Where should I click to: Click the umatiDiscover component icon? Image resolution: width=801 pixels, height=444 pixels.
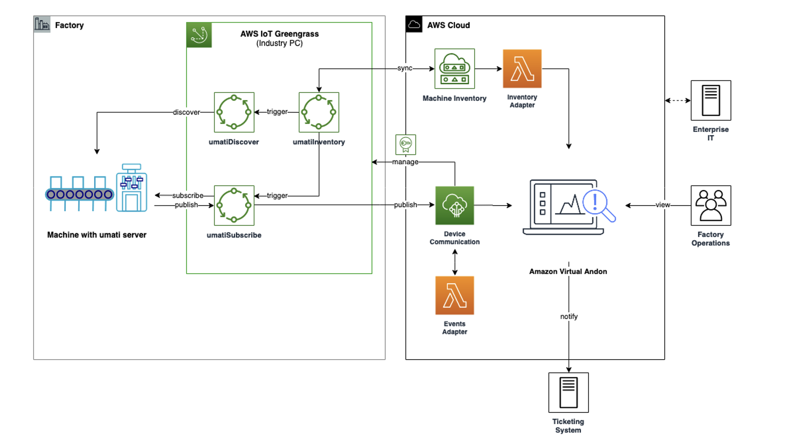[x=234, y=112]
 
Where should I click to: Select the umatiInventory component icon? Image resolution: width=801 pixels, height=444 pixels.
[x=319, y=112]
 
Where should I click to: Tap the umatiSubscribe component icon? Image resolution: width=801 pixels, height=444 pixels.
[x=234, y=205]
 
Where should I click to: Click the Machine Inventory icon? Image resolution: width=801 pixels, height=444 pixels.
[x=454, y=69]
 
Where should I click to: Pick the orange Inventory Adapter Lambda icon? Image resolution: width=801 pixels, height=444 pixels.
[x=522, y=69]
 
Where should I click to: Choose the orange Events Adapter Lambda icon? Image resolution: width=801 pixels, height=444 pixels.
[x=454, y=295]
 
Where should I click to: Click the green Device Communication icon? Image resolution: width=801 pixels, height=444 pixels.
[x=454, y=205]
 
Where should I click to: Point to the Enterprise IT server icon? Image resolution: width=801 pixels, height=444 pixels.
[x=710, y=101]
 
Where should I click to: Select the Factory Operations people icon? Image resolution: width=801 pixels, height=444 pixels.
[x=710, y=205]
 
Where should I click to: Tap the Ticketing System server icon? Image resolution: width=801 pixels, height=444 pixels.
[x=568, y=392]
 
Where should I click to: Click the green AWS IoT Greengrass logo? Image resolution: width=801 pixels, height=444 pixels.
[x=199, y=35]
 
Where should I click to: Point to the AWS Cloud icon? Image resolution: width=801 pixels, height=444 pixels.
[x=414, y=24]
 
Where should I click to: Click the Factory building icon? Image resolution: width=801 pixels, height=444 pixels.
[x=42, y=24]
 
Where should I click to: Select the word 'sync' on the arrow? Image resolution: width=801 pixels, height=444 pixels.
[x=404, y=68]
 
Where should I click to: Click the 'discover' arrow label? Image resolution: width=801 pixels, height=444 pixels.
[x=186, y=112]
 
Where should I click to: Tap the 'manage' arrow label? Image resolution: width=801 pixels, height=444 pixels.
[x=405, y=162]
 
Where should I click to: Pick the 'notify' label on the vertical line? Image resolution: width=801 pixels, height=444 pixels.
[x=569, y=317]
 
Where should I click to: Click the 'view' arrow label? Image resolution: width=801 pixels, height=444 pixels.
[x=662, y=205]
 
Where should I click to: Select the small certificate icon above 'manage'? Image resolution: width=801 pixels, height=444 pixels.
[x=405, y=145]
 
